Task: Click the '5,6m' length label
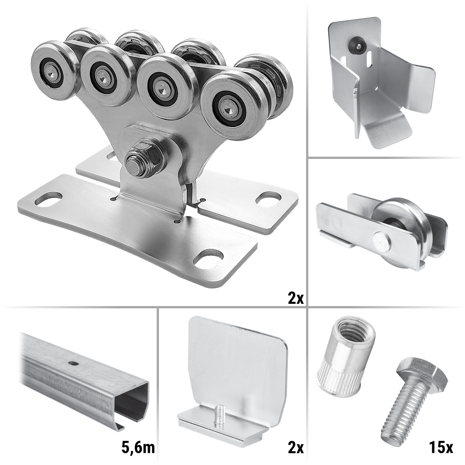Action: pyautogui.click(x=138, y=447)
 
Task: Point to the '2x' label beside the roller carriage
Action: pyautogui.click(x=296, y=297)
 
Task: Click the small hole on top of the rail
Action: pyautogui.click(x=72, y=362)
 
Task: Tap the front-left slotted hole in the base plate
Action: pyautogui.click(x=49, y=199)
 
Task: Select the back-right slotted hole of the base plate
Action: pyautogui.click(x=268, y=198)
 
